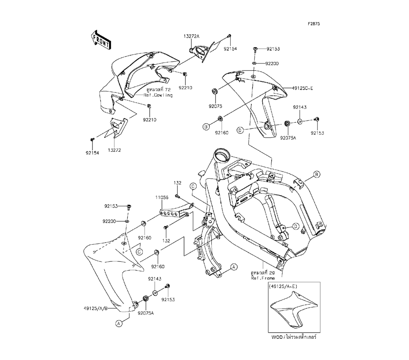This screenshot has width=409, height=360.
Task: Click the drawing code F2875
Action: pos(314,23)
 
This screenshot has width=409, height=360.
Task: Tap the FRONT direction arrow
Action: pos(100,39)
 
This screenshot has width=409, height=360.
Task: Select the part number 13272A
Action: pos(191,36)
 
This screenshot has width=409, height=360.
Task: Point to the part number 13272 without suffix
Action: pos(114,150)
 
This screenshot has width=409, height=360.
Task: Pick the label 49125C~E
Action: pos(302,88)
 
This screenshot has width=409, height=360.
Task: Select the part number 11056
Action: pos(162,197)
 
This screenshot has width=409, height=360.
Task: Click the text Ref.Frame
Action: pos(263,278)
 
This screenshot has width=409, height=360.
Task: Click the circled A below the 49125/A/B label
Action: pos(119,323)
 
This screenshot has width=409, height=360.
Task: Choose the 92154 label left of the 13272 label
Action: pos(92,153)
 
